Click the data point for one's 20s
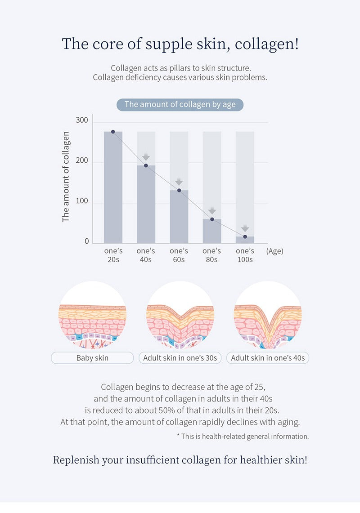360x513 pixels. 113,132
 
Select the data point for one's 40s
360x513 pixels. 146,165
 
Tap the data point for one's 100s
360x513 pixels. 245,236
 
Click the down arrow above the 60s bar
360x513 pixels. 179,182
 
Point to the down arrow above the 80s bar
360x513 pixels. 212,210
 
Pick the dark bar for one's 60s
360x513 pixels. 179,217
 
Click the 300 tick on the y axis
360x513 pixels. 82,120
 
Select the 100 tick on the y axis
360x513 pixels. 82,201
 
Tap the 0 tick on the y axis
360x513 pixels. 87,241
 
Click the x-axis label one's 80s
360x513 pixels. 211,255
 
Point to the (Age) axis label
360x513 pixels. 275,251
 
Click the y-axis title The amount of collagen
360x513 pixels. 66,177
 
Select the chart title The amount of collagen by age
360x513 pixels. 180,105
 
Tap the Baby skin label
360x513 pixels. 92,358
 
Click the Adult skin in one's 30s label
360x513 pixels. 180,358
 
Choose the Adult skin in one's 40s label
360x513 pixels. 268,358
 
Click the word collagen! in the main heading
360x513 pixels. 267,44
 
